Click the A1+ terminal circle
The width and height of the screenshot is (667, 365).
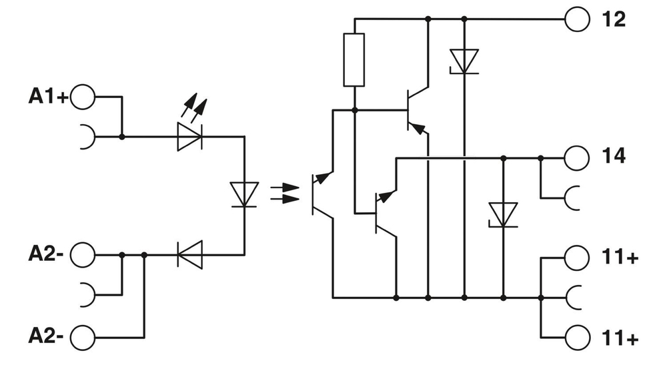coord(83,97)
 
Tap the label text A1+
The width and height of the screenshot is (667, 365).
coord(47,97)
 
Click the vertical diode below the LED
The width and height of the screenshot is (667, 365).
coord(244,195)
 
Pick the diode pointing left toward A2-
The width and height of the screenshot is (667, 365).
coord(189,254)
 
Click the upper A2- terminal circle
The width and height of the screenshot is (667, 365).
coord(83,254)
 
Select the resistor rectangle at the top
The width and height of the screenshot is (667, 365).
coord(354,60)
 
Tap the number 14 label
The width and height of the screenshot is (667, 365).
coord(613,157)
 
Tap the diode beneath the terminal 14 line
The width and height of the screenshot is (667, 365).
coord(503,214)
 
